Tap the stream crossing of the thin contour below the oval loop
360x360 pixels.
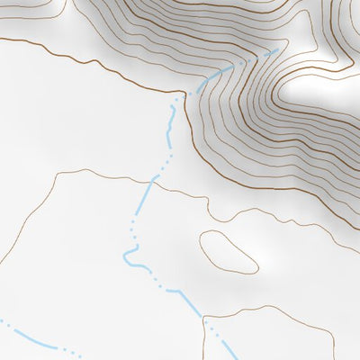204,318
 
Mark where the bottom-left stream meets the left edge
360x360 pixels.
2,320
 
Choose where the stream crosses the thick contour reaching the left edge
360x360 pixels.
189,92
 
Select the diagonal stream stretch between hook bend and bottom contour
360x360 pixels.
175,290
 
